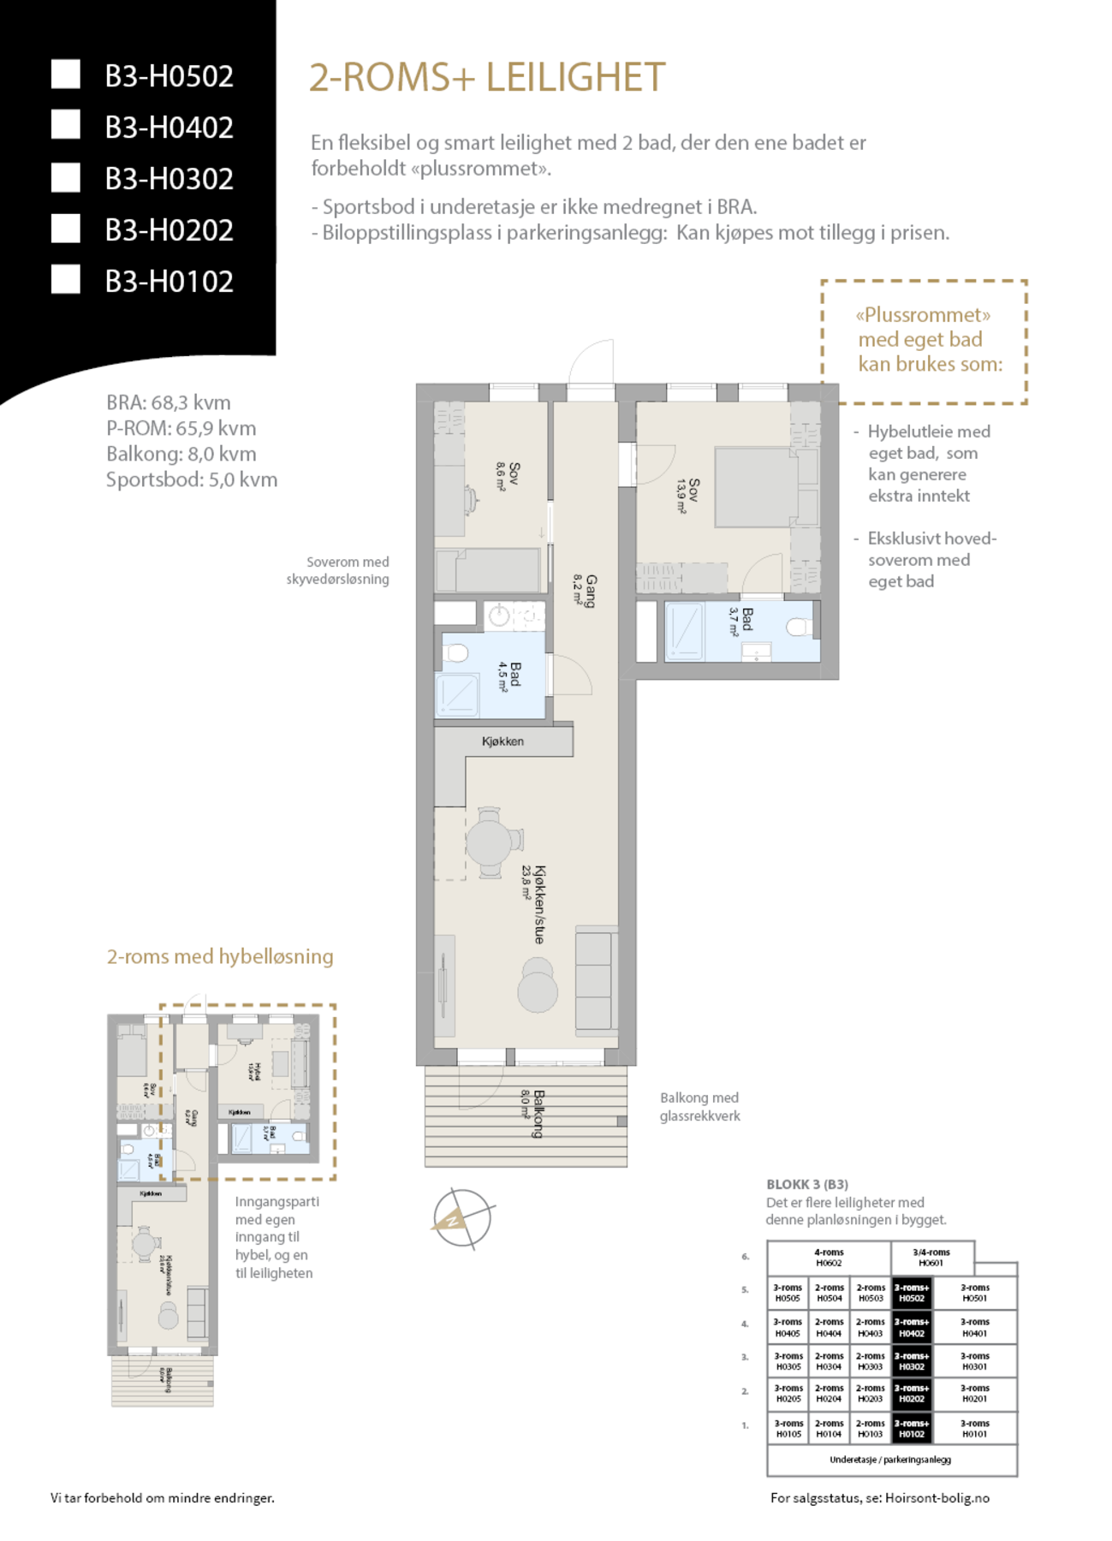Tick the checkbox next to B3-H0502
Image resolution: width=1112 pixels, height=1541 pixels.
(x=66, y=74)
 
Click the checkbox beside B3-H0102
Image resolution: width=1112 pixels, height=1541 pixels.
(x=66, y=280)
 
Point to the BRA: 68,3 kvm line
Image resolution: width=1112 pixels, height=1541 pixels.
(x=168, y=402)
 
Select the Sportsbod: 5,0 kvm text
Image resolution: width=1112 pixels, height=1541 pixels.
(x=191, y=479)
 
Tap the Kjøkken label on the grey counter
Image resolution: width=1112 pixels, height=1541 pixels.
(x=502, y=741)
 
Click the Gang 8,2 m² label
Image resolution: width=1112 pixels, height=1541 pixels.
(x=586, y=591)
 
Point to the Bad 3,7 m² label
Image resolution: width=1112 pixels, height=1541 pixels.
(x=741, y=621)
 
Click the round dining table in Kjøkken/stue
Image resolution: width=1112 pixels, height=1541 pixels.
(x=490, y=842)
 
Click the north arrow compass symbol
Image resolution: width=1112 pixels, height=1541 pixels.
(x=461, y=1217)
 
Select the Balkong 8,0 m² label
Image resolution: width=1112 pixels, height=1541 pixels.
(x=532, y=1112)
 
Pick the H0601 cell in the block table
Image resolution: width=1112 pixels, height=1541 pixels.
(x=931, y=1258)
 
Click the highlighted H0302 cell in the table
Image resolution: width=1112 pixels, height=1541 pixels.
(x=912, y=1361)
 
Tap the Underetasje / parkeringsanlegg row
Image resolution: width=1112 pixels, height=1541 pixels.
(x=890, y=1460)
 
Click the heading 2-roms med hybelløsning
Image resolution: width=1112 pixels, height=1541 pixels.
(x=220, y=956)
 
